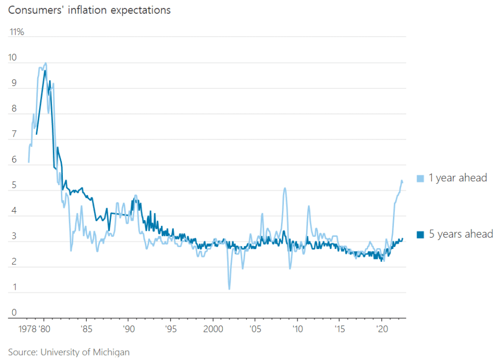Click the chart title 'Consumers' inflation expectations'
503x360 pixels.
coord(89,10)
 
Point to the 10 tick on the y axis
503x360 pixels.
coord(12,57)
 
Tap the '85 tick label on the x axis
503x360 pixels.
coord(86,328)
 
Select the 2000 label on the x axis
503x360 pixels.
coord(213,328)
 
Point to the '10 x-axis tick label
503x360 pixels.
coord(297,328)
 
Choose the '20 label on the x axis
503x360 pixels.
coord(382,328)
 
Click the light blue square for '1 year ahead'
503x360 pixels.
coord(420,179)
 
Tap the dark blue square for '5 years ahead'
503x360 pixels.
coord(420,235)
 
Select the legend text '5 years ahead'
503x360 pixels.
coord(461,234)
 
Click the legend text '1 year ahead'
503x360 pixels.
coord(458,178)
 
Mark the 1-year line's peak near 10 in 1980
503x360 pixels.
coord(46,63)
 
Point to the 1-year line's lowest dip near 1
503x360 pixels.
coord(229,289)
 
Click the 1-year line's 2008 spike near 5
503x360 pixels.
coord(284,188)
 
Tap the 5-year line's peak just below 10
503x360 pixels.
coord(45,71)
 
